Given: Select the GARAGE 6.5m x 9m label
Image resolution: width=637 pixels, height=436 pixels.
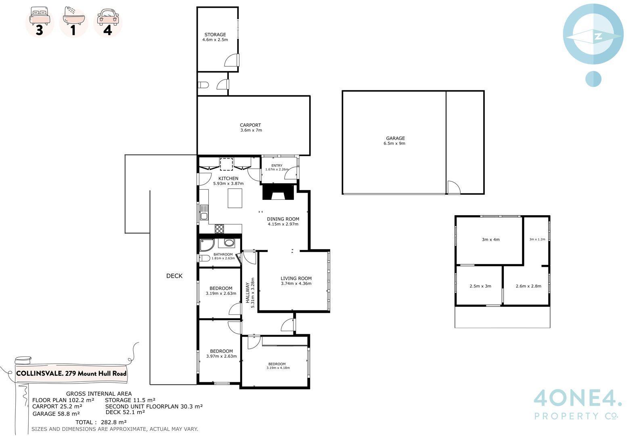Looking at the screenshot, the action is pyautogui.click(x=395, y=140).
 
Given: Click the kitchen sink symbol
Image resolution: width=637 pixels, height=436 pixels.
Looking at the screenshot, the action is pyautogui.click(x=204, y=212).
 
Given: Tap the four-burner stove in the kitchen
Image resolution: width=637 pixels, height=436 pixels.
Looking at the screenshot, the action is pyautogui.click(x=219, y=228).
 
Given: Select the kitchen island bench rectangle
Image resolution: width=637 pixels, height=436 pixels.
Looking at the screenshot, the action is pyautogui.click(x=235, y=198).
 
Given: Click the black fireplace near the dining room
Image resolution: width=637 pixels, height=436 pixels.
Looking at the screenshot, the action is pyautogui.click(x=278, y=192).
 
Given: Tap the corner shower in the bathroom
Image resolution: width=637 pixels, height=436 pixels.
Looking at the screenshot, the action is pyautogui.click(x=207, y=245).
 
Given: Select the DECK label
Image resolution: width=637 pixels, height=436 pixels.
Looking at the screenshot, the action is pyautogui.click(x=174, y=276).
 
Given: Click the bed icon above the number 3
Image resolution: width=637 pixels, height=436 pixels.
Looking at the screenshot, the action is pyautogui.click(x=40, y=15).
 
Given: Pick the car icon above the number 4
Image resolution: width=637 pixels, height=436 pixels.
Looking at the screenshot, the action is pyautogui.click(x=108, y=17).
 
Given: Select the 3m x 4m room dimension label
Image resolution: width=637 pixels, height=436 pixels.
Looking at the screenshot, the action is pyautogui.click(x=490, y=239).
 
